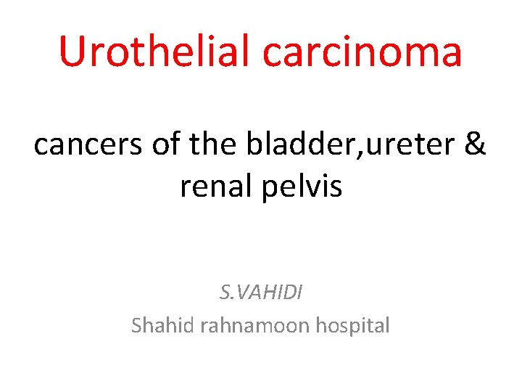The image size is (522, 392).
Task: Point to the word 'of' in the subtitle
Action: tap(165, 144)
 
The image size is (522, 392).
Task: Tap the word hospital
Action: tap(352, 325)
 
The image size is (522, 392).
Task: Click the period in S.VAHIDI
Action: tap(231, 298)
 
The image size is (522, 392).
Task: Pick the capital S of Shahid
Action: tap(137, 325)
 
